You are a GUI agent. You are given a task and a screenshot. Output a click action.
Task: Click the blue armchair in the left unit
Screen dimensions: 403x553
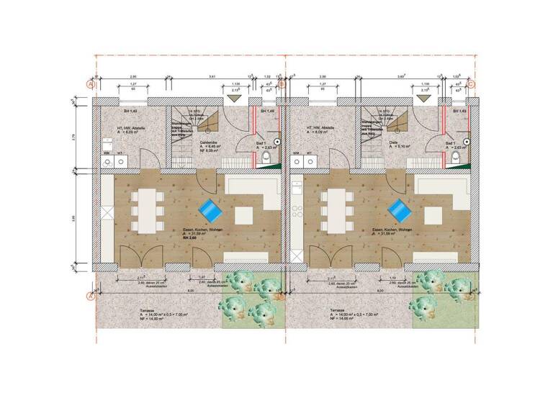pyautogui.click(x=210, y=210)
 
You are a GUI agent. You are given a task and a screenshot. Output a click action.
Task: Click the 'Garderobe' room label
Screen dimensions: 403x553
pyautogui.click(x=209, y=145)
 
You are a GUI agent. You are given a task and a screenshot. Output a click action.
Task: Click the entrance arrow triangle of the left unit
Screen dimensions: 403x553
pyautogui.click(x=233, y=99)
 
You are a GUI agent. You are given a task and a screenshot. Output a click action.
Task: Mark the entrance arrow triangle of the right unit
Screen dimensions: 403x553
pyautogui.click(x=423, y=99)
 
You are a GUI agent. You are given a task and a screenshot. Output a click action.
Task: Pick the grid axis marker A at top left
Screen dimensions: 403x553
pyautogui.click(x=90, y=83)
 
